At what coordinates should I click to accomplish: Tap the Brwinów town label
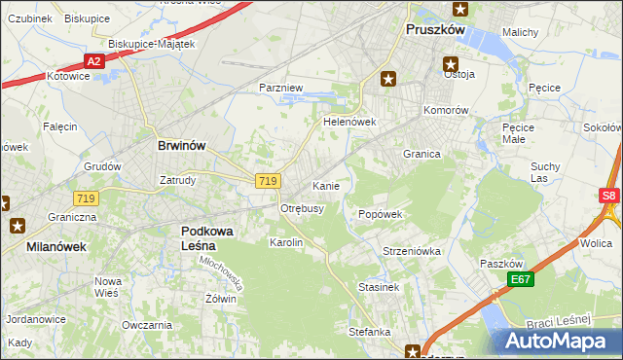pos(181,145)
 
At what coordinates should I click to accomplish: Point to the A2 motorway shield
pos(93,61)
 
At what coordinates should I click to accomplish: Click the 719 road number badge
pos(269,181)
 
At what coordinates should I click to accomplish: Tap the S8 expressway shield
pos(608,196)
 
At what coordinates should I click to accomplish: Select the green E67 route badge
pos(520,279)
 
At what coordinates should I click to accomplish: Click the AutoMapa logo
pos(558,342)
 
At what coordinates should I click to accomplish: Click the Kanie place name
pos(325,185)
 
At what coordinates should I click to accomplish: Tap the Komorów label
pos(447,110)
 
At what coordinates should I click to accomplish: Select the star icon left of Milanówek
pos(17,226)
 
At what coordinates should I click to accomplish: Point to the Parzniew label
pos(281,88)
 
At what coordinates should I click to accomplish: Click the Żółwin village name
pos(220,299)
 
